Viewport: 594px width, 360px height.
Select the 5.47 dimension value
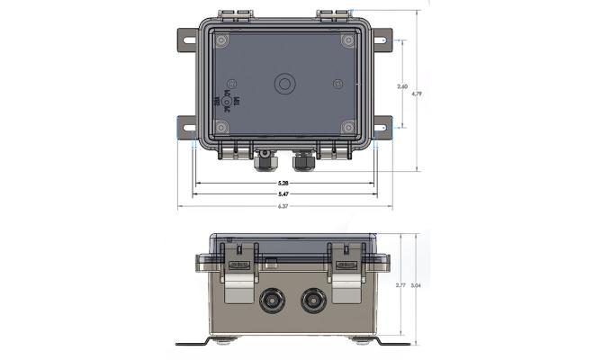(x=284, y=194)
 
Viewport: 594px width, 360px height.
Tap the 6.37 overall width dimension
(x=284, y=206)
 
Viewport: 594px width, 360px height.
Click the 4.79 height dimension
(x=416, y=94)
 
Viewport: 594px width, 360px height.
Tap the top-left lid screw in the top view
(x=223, y=40)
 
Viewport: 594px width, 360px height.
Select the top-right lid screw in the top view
(x=347, y=40)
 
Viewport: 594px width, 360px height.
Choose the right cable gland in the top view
(x=301, y=162)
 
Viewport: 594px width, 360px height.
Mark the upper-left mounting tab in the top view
(x=184, y=40)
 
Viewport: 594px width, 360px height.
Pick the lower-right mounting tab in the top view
(x=382, y=129)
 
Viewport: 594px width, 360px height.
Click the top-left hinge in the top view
(x=234, y=16)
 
